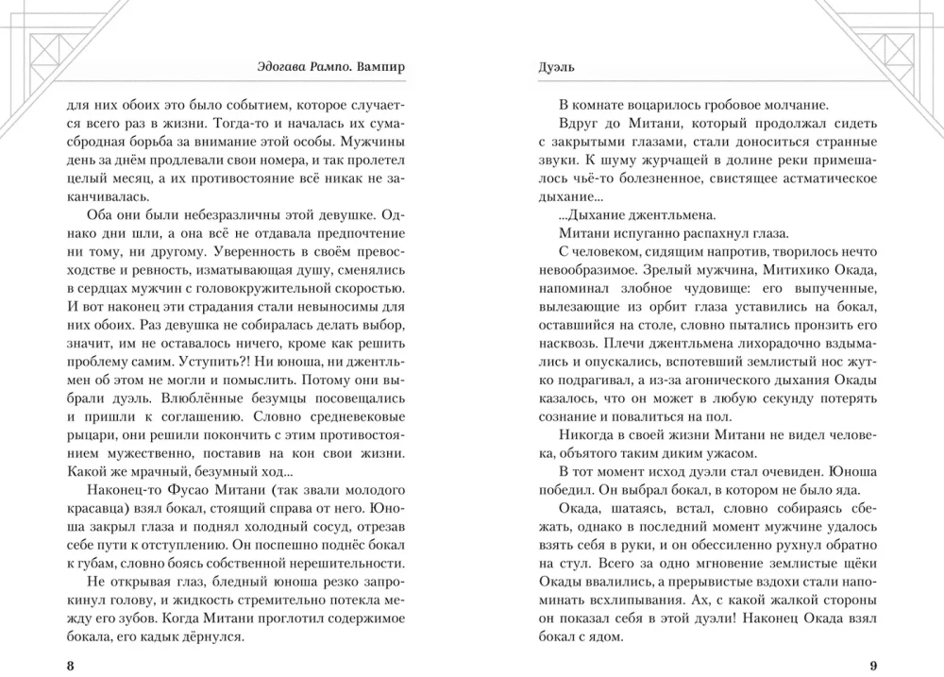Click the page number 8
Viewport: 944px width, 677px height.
coord(71,667)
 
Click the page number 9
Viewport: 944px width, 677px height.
coord(871,667)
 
